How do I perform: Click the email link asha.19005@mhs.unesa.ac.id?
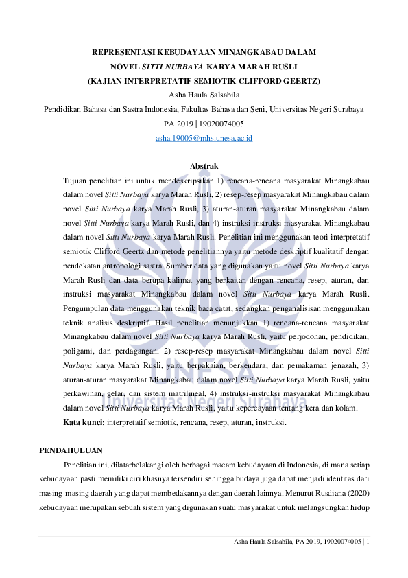204,138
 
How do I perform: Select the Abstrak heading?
204,167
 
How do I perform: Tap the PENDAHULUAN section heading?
71,450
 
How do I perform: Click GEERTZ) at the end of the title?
299,80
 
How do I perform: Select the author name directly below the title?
204,95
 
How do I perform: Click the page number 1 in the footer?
368,542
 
